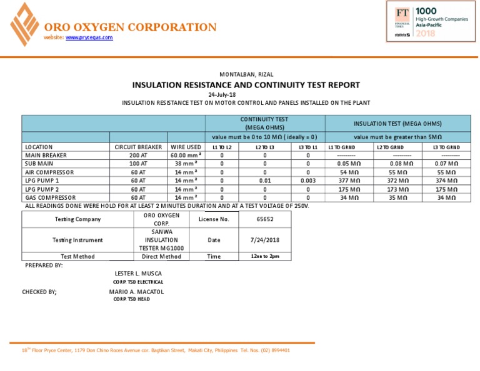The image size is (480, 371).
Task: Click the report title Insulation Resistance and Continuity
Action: coord(246,85)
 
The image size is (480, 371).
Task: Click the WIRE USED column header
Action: coord(186,147)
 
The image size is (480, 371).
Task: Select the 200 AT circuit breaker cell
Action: coord(139,156)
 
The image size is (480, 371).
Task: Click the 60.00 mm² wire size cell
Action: coord(185,156)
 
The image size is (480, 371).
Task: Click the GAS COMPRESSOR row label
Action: coord(51,197)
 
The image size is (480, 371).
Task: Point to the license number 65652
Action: coord(265,219)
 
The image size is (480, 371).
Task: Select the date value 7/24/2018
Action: coord(265,240)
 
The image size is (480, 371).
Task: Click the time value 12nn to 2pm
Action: coord(265,256)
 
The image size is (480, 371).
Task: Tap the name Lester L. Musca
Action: coord(138,274)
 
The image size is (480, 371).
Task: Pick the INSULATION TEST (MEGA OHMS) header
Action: coord(397,123)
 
